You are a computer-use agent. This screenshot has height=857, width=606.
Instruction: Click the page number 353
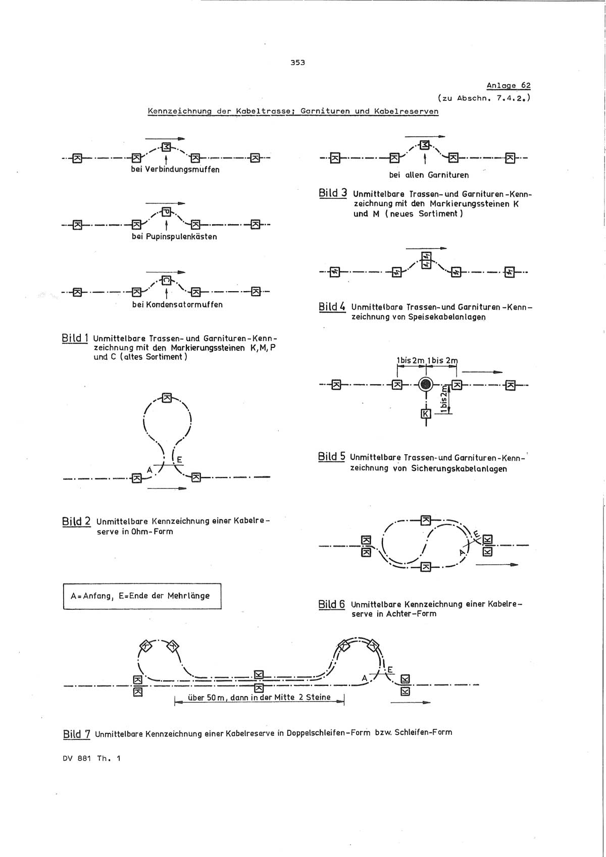tap(297, 63)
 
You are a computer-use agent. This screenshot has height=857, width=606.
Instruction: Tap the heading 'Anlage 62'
tap(508, 85)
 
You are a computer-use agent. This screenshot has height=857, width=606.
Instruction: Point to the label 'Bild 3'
tap(333, 193)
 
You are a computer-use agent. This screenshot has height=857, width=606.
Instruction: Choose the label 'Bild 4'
tap(332, 306)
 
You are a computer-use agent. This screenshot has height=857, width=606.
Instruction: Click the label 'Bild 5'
tap(332, 457)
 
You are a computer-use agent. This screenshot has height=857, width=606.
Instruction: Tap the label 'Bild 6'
tap(332, 604)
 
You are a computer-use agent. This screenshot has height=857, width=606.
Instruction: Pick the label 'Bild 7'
tap(76, 734)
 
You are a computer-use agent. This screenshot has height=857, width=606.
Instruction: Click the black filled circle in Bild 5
tap(426, 385)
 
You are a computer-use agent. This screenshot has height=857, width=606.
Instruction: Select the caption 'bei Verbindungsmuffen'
tap(175, 170)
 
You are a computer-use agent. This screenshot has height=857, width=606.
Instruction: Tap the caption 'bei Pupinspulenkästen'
tap(174, 236)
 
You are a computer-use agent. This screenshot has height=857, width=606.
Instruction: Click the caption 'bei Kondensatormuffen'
tap(177, 304)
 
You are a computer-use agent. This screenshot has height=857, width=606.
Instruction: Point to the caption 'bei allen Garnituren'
tap(429, 175)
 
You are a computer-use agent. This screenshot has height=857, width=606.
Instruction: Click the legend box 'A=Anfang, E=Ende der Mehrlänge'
tap(142, 596)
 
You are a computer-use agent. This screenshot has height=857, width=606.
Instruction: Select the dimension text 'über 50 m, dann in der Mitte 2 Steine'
tap(259, 698)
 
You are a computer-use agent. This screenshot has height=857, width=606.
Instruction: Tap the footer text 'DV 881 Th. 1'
tap(92, 758)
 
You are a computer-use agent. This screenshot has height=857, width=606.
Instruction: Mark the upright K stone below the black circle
tap(426, 414)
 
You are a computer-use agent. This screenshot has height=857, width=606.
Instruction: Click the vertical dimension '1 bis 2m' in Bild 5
tap(443, 399)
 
